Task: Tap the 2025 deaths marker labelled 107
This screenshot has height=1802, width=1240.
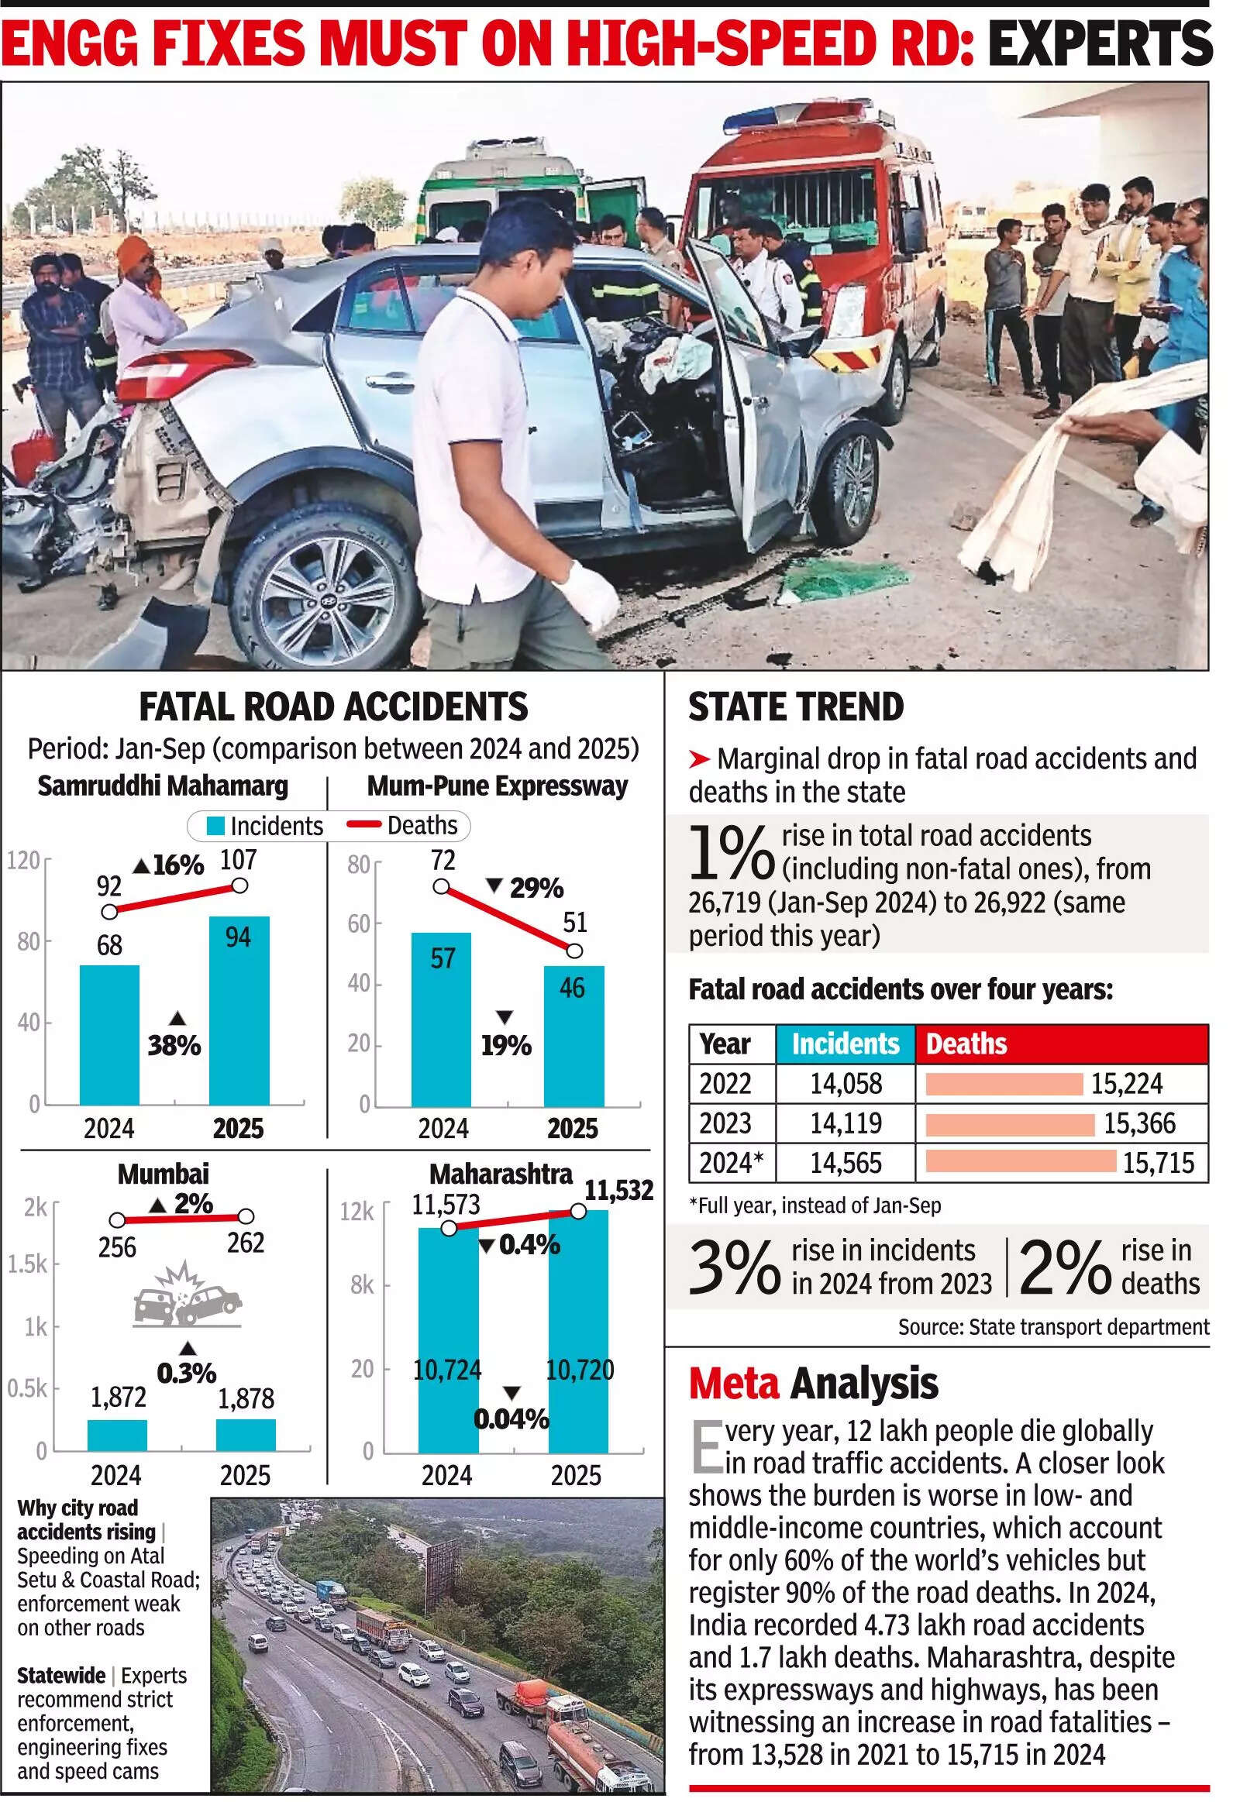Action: click(x=240, y=885)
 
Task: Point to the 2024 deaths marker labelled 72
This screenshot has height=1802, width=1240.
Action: click(x=440, y=886)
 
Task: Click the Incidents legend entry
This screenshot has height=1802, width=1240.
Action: click(x=264, y=826)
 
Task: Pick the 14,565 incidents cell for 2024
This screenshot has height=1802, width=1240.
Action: click(x=846, y=1163)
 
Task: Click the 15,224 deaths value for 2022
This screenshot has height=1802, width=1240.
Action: click(x=1127, y=1084)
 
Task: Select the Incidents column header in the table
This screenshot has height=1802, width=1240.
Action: click(x=846, y=1044)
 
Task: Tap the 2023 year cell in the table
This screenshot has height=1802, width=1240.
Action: click(x=725, y=1123)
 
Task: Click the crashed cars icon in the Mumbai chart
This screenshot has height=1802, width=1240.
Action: click(x=187, y=1295)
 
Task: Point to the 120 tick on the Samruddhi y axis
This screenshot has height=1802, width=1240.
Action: click(x=23, y=861)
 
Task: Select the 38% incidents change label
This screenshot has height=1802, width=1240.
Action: click(x=175, y=1045)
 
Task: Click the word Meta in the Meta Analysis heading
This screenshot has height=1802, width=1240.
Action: click(x=733, y=1384)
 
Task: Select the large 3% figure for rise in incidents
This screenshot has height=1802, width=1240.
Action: click(x=733, y=1267)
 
